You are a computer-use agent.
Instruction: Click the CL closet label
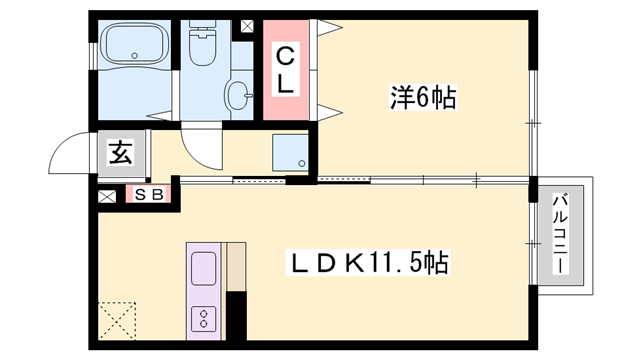pos(286,68)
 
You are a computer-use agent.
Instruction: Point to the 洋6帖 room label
pos(423,98)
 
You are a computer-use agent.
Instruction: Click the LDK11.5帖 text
pos(369,264)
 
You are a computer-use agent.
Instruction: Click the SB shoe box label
pos(149,196)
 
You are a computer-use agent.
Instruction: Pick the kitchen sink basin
pos(203,269)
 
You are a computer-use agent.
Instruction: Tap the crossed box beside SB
pos(107,196)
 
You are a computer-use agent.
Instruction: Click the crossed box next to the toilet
pos(246,28)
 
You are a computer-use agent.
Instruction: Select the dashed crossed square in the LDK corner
pos(120,322)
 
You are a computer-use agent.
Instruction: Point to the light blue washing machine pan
pos(290,152)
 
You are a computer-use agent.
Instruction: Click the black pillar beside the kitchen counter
pos(236,319)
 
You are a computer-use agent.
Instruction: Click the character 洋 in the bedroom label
pos(400,98)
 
